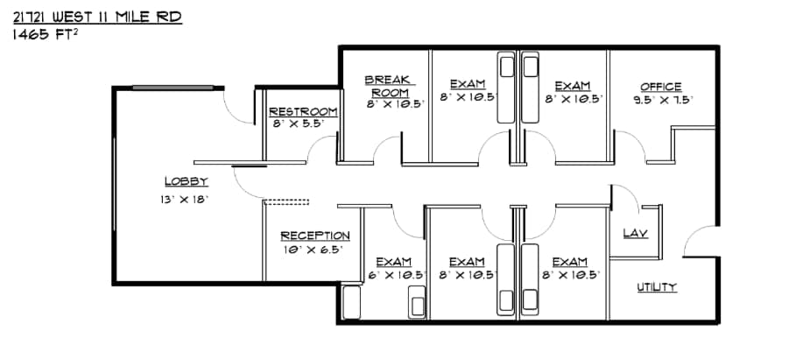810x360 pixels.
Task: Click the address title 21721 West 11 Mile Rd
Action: tap(97, 17)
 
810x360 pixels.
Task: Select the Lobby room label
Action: tap(186, 182)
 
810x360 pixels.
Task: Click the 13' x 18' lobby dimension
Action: tap(184, 200)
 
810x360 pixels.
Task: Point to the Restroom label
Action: tap(303, 111)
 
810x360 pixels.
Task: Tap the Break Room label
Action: tap(390, 86)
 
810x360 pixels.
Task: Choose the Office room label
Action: tap(661, 87)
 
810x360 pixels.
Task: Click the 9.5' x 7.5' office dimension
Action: tap(663, 100)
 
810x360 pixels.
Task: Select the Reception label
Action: tap(315, 236)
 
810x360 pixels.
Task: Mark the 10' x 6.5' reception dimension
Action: tap(312, 250)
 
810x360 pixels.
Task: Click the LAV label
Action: tap(634, 233)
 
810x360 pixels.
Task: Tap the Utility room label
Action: tap(656, 287)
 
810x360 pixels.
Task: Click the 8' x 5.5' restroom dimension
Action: tap(298, 124)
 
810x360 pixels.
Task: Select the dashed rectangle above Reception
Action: tap(287, 202)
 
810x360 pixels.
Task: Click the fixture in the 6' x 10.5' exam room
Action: tap(416, 303)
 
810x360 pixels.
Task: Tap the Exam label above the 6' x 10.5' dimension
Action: tap(393, 261)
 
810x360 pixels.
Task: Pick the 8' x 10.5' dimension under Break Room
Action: tap(395, 103)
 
